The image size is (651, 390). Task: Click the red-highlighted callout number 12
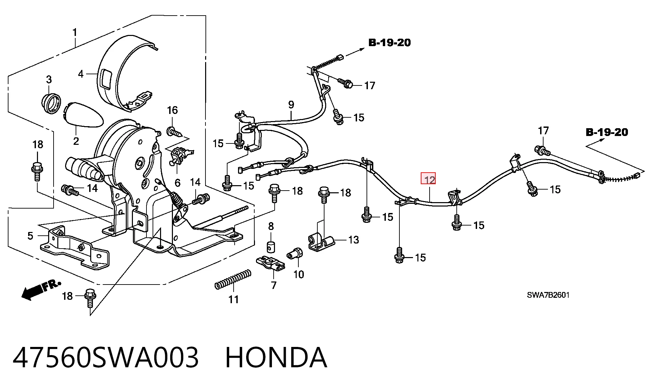[x=428, y=178]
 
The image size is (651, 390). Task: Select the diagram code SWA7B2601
[x=548, y=295]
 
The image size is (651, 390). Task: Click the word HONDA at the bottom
[x=276, y=357]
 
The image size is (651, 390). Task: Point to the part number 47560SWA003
[x=105, y=357]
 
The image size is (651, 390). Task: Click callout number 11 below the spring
[x=233, y=299]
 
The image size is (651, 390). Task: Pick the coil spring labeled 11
[x=233, y=279]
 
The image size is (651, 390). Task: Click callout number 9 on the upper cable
[x=291, y=104]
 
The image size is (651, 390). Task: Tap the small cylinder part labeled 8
[x=271, y=247]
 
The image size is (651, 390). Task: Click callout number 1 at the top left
[x=75, y=33]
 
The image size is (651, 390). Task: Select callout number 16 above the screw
[x=172, y=110]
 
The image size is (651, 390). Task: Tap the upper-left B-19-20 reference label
[x=390, y=43]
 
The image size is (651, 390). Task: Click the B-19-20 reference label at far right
[x=607, y=132]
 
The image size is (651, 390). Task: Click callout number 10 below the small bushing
[x=298, y=274]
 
